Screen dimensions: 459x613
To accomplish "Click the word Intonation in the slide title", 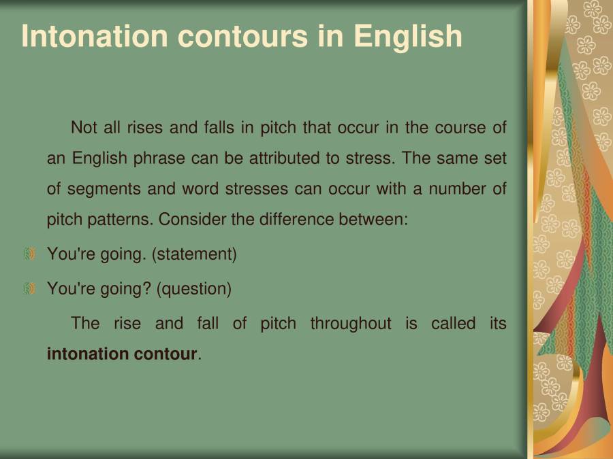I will (94, 36).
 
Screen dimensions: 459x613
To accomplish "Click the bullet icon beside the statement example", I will (29, 254).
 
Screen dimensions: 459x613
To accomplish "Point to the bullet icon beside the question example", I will (29, 289).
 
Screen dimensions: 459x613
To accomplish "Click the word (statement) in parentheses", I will (194, 255).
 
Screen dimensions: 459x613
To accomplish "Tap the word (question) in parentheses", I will (194, 289).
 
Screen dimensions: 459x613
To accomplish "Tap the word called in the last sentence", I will (453, 324).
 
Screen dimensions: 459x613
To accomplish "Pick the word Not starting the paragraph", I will (84, 128).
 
